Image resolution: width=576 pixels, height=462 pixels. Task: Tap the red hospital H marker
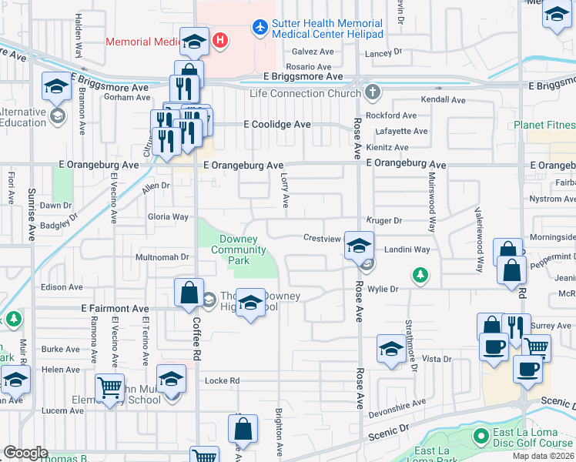221,40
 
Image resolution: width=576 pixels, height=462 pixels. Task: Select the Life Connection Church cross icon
373,93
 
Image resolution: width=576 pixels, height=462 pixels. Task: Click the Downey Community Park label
238,249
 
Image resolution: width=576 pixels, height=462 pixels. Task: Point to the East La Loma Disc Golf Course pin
481,437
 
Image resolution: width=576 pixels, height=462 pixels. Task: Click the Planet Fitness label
544,125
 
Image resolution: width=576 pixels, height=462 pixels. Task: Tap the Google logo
25,452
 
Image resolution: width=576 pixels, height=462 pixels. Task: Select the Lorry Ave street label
285,190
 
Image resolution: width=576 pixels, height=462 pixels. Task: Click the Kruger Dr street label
384,220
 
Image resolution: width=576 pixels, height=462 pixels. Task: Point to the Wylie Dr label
383,289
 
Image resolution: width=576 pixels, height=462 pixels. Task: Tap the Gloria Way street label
168,217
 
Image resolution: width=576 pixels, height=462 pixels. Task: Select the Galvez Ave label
310,52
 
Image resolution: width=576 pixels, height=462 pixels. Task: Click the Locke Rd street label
223,380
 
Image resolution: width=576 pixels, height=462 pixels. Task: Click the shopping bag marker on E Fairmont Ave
189,293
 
